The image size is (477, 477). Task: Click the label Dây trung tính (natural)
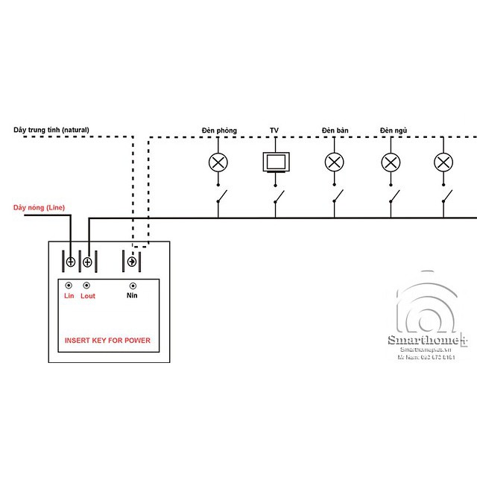click(x=51, y=130)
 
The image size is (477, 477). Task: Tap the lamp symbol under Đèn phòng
click(x=218, y=162)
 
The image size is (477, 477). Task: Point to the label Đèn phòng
click(x=218, y=131)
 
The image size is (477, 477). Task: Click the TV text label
click(x=274, y=131)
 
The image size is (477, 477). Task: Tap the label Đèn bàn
click(x=335, y=131)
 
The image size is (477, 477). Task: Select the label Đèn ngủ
click(x=391, y=131)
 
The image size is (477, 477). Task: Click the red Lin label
click(x=69, y=296)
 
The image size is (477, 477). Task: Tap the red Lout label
click(x=87, y=296)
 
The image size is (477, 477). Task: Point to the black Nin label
click(x=133, y=296)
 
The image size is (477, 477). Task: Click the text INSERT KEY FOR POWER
click(x=107, y=341)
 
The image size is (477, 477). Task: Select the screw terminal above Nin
click(x=133, y=262)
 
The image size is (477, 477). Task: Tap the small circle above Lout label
click(x=86, y=285)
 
